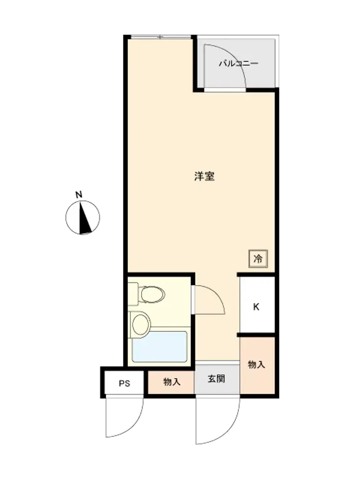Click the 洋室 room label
[x=204, y=176]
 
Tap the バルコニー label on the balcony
[x=239, y=63]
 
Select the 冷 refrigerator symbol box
[x=258, y=259]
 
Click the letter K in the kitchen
[x=256, y=306]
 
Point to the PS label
[x=124, y=383]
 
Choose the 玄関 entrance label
[x=216, y=379]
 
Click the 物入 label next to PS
[x=172, y=382]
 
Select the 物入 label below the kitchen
[x=256, y=364]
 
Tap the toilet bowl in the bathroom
[x=152, y=294]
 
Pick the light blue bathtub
[x=159, y=347]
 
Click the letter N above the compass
[x=79, y=194]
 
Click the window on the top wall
[x=161, y=37]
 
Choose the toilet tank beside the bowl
[x=133, y=294]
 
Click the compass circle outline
[x=66, y=217]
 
